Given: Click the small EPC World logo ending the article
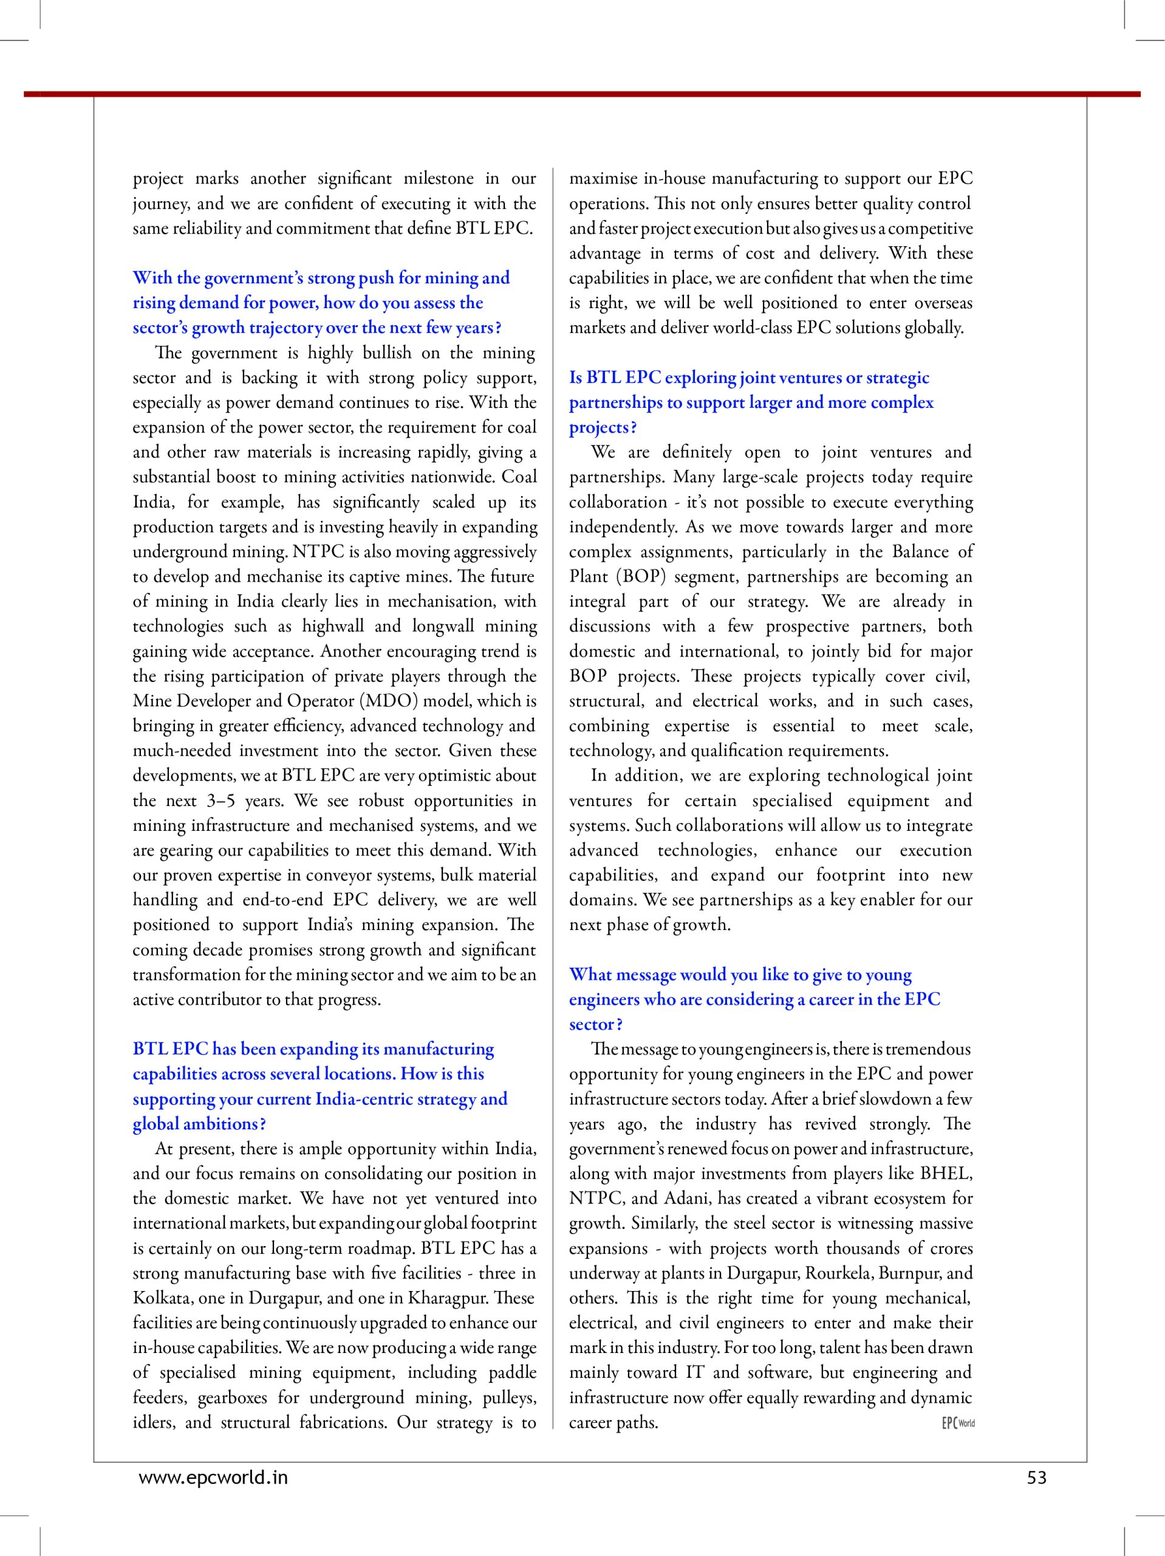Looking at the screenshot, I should (958, 1422).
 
